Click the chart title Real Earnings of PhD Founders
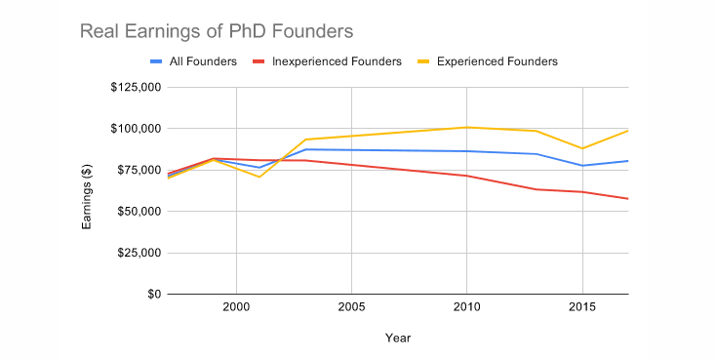[216, 31]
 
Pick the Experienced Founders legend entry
[497, 61]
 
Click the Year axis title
[397, 338]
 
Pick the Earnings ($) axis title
[87, 191]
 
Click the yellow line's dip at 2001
[259, 177]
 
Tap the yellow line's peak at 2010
[467, 127]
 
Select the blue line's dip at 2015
[582, 166]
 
